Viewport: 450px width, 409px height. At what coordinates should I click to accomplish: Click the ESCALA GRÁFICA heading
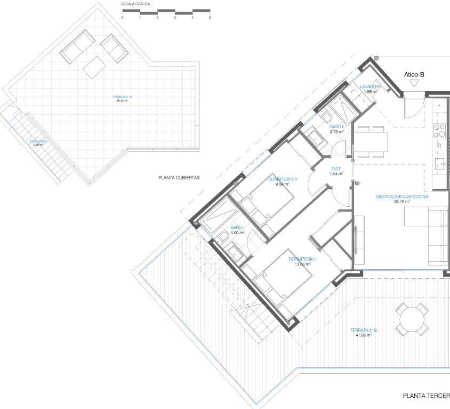(x=136, y=4)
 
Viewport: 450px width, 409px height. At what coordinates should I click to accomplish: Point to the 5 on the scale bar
(x=210, y=18)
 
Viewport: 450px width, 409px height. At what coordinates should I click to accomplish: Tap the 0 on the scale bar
(x=122, y=18)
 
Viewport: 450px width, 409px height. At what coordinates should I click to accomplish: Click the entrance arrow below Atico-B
(x=414, y=83)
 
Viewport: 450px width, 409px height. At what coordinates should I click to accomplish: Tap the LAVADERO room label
(x=370, y=86)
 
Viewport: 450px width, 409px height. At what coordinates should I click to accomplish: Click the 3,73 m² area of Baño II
(x=336, y=131)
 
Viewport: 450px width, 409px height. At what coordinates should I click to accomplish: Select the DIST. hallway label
(x=336, y=168)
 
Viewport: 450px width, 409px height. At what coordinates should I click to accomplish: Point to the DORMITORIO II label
(x=285, y=179)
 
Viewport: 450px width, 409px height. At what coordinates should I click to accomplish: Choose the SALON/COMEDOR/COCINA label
(x=402, y=196)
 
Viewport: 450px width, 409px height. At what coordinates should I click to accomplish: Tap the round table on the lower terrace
(x=412, y=319)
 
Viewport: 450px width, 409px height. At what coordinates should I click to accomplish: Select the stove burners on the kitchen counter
(x=439, y=130)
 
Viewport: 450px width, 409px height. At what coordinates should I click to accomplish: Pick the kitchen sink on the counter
(x=440, y=163)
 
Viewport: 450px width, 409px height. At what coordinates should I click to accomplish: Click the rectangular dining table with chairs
(x=371, y=141)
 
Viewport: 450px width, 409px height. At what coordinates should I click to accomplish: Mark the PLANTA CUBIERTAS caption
(x=179, y=178)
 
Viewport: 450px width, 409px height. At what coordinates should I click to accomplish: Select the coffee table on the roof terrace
(x=94, y=67)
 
